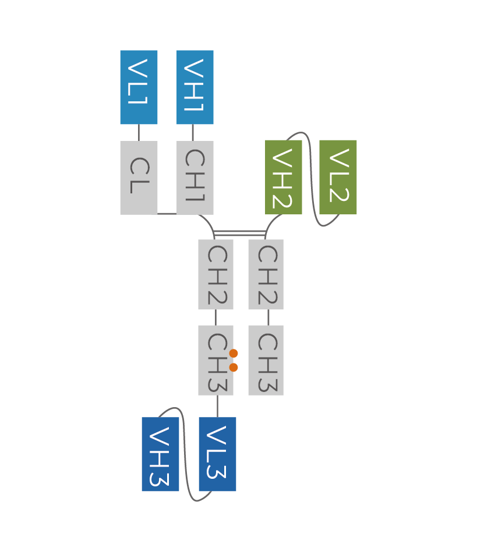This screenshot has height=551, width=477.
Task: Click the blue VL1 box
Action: coord(139,87)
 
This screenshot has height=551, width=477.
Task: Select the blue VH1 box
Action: coord(195,87)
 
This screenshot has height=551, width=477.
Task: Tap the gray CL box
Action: coord(139,178)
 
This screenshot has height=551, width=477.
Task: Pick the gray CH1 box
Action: coord(195,178)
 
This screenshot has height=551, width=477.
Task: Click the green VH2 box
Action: coord(284,177)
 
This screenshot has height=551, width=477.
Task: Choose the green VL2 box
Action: coord(338,177)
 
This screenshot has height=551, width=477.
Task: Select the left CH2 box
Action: coord(215,274)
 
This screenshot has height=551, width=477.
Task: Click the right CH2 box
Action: coord(266,274)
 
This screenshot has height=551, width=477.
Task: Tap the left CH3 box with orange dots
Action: coord(214,360)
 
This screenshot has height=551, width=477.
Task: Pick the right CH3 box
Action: coord(266,360)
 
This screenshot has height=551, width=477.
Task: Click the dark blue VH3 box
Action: coord(160,454)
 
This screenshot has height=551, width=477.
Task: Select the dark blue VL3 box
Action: coord(217,454)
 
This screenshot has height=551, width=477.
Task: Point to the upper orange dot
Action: coord(234,353)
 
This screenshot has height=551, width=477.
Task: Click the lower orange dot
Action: coord(234,367)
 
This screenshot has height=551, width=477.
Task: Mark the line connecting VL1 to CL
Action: coord(139,133)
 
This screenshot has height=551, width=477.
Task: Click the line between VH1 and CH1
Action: coord(193,133)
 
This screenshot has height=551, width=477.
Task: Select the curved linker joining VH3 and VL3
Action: coord(185,454)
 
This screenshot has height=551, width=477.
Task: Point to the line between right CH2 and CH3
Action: coord(268,317)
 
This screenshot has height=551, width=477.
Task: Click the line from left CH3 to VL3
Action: coord(218,406)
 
